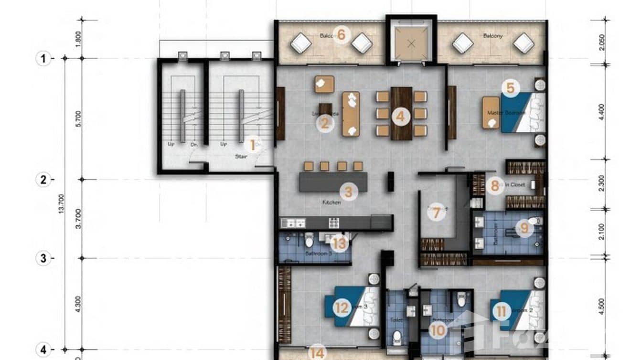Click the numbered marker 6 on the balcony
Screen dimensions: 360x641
point(341,35)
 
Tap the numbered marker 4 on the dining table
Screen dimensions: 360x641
point(400,116)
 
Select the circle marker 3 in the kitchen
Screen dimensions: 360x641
point(348,192)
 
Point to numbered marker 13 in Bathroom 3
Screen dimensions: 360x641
point(339,244)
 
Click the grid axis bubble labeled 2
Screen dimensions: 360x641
point(43,180)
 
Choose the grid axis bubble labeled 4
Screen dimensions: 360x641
point(43,349)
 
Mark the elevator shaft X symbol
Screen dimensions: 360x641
point(411,43)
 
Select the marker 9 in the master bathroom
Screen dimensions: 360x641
point(524,228)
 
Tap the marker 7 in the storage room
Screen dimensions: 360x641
point(436,212)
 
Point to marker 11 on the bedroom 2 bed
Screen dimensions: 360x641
point(501,312)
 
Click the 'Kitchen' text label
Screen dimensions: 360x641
point(331,202)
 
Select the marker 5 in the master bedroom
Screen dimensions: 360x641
point(510,88)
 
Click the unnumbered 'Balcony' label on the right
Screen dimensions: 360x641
point(493,36)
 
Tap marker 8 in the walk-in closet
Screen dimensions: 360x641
point(495,185)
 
